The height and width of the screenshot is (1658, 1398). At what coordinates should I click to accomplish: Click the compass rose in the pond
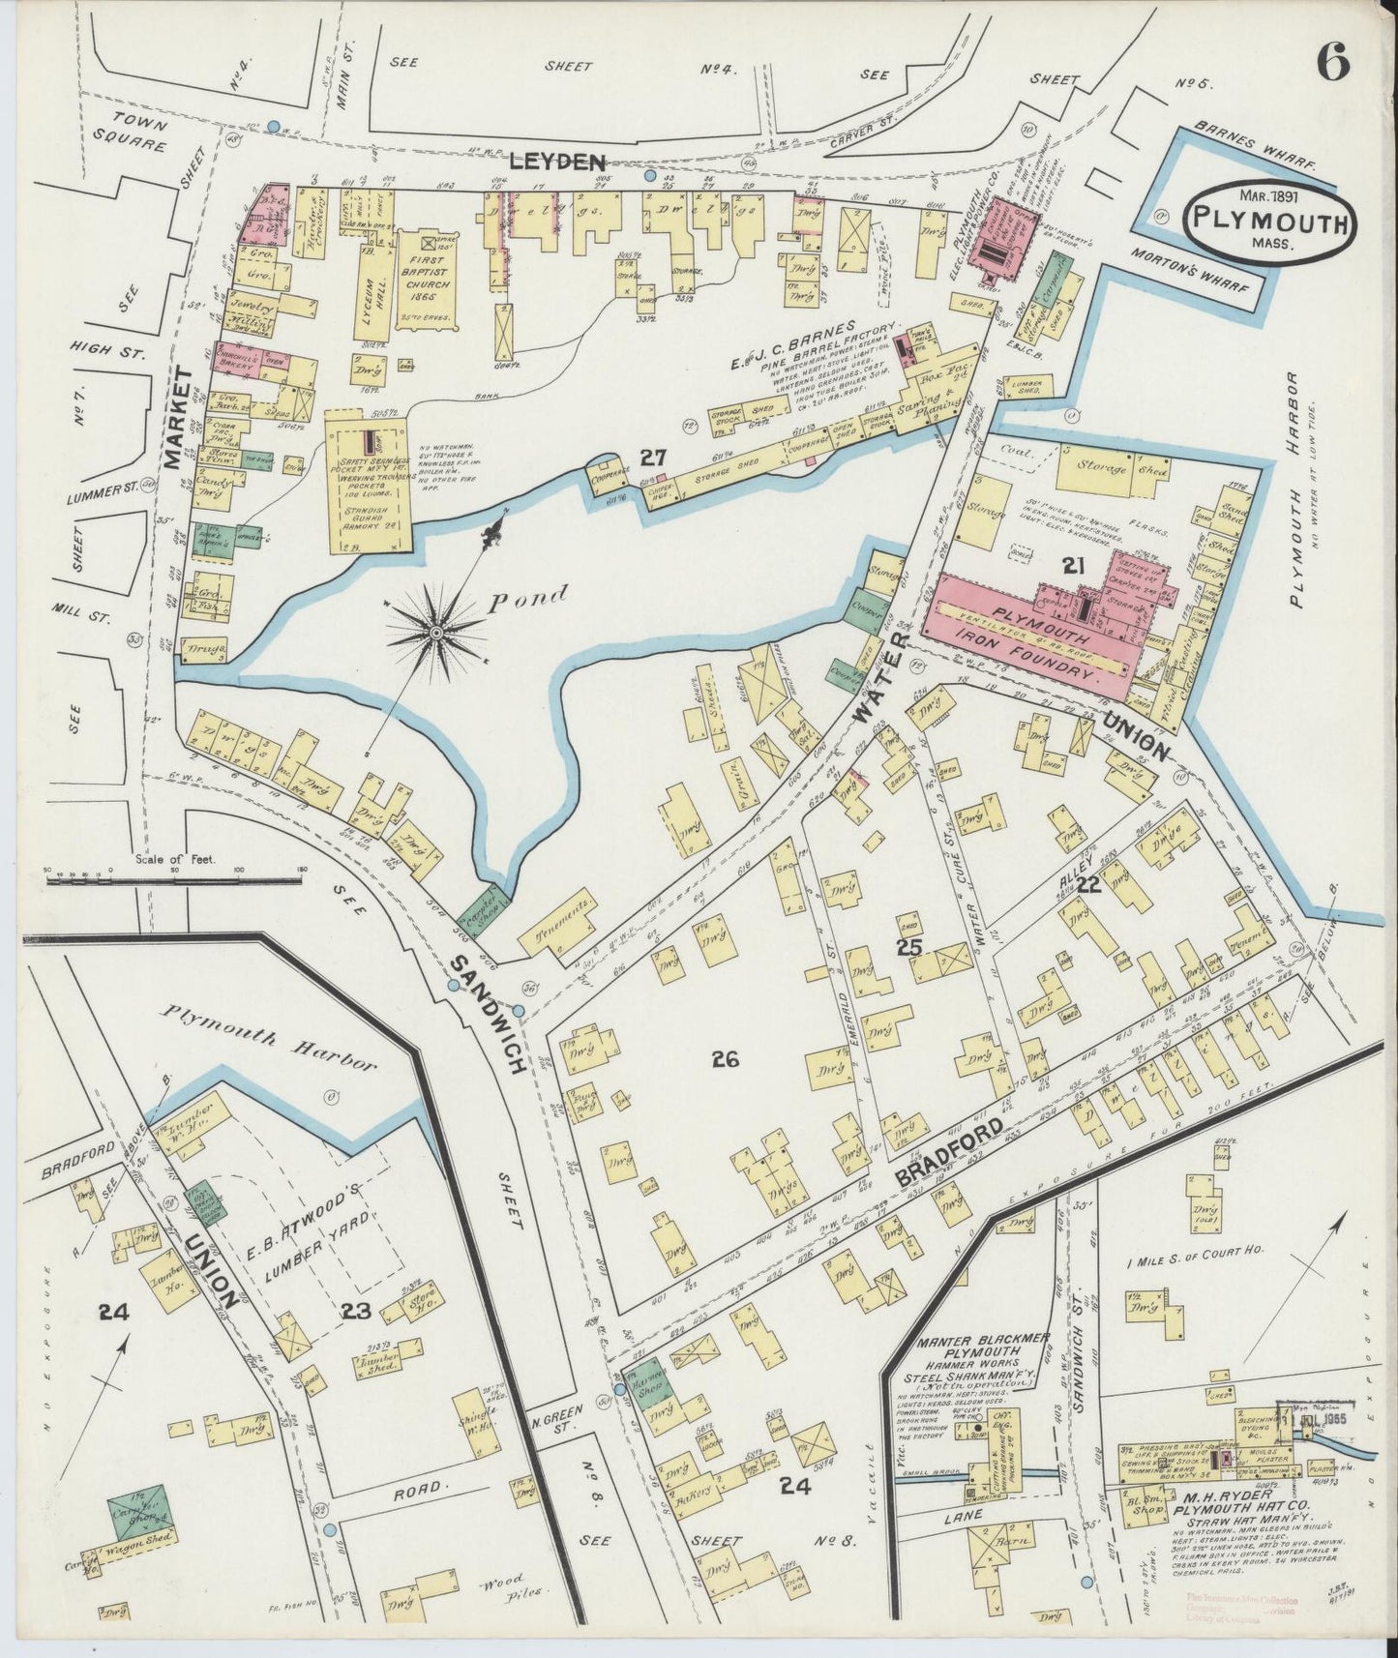coord(436,632)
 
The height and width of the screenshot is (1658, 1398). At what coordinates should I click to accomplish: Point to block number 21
coord(1072,568)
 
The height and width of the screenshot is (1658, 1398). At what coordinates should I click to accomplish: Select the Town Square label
coord(139,135)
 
